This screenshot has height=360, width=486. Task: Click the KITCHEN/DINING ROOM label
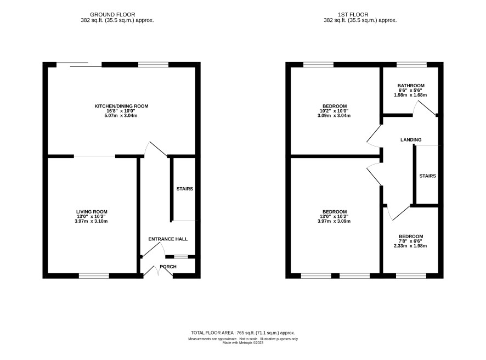(121, 106)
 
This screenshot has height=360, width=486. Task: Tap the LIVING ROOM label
(92, 212)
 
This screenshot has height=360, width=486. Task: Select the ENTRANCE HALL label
(168, 239)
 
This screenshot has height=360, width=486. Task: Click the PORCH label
(168, 267)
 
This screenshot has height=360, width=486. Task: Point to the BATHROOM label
(411, 86)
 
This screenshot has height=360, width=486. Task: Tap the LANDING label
(411, 140)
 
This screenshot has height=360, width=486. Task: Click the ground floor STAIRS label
(185, 189)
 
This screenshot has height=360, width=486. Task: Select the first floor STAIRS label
(428, 176)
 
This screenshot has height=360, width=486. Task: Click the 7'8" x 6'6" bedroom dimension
(411, 241)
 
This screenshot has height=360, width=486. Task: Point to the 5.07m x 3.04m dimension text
(121, 116)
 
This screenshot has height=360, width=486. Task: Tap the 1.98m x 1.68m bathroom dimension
(410, 95)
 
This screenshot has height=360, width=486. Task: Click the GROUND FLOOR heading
(112, 15)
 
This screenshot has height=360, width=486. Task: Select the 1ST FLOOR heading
(353, 15)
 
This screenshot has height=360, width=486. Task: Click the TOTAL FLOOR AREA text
(242, 333)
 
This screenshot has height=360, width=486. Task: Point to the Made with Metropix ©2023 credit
(243, 342)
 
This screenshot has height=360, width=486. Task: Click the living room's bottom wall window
(94, 275)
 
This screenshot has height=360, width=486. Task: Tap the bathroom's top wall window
(411, 65)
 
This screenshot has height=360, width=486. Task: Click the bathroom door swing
(425, 109)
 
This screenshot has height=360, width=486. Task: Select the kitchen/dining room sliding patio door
(79, 65)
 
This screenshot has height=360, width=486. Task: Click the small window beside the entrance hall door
(181, 257)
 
